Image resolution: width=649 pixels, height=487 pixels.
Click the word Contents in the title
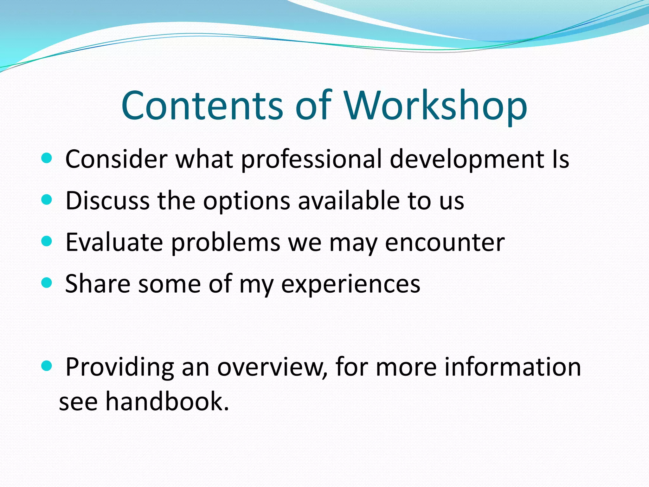(202, 105)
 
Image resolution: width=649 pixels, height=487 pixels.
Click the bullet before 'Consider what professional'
(47, 158)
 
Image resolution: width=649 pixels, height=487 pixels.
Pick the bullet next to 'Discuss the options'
(47, 200)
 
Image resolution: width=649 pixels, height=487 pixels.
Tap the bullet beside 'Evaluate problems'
(47, 242)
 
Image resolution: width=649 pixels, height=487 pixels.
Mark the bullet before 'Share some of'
(47, 283)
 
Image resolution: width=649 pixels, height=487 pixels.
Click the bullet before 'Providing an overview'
(47, 366)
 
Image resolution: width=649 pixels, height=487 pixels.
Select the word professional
(312, 159)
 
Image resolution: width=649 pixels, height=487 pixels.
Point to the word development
(466, 159)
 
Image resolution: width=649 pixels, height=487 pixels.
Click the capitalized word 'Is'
(560, 159)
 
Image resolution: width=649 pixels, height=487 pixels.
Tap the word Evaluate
(114, 243)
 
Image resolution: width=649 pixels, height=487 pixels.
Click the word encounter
(445, 243)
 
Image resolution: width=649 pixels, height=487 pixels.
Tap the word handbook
(167, 401)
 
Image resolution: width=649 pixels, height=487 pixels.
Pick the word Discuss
(107, 201)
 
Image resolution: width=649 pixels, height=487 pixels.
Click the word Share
(98, 284)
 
